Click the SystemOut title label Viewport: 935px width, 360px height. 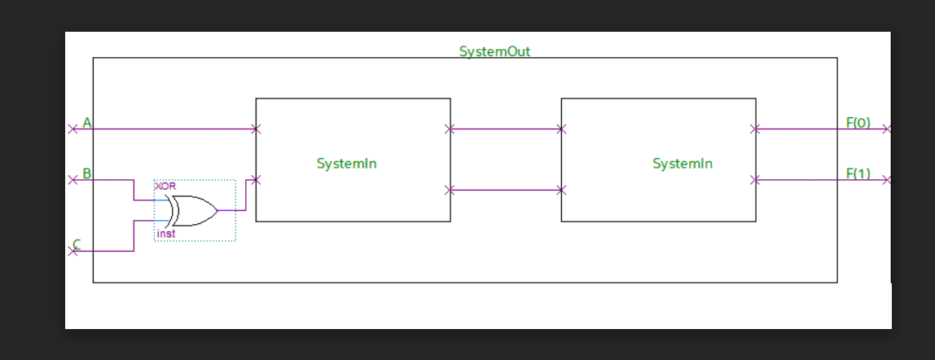pyautogui.click(x=494, y=51)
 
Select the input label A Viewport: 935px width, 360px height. pyautogui.click(x=87, y=123)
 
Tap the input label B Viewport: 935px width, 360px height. pyautogui.click(x=86, y=173)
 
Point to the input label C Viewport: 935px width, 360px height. pyautogui.click(x=77, y=244)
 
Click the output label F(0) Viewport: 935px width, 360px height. pyautogui.click(x=858, y=123)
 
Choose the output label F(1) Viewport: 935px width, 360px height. pyautogui.click(x=858, y=173)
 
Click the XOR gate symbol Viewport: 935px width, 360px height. pyautogui.click(x=194, y=210)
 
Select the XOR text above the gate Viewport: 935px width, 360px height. pyautogui.click(x=165, y=187)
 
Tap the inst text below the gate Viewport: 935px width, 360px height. pyautogui.click(x=165, y=234)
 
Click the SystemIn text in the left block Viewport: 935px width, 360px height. pyautogui.click(x=346, y=164)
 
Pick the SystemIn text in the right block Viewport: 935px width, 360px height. pyautogui.click(x=682, y=164)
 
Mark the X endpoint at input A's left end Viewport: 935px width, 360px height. pyautogui.click(x=72, y=129)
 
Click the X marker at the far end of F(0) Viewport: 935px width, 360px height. pyautogui.click(x=888, y=129)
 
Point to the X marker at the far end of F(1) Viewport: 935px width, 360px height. pyautogui.click(x=888, y=180)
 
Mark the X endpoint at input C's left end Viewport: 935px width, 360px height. pyautogui.click(x=72, y=252)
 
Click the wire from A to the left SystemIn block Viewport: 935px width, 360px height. pyautogui.click(x=171, y=129)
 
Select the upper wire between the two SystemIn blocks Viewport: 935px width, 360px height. pyautogui.click(x=505, y=129)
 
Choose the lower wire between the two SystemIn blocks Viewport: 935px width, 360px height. pyautogui.click(x=505, y=190)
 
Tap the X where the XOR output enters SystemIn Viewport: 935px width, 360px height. pyautogui.click(x=256, y=180)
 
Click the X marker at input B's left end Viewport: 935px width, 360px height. pyautogui.click(x=72, y=180)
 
